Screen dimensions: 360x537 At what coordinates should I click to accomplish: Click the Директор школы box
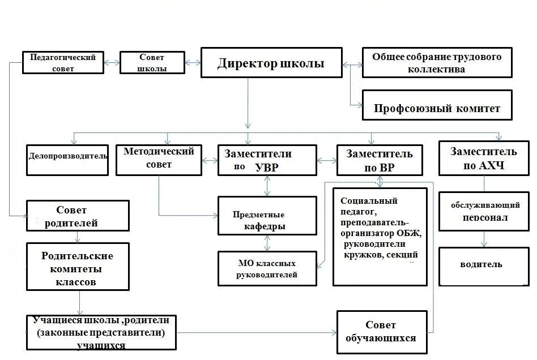(271, 63)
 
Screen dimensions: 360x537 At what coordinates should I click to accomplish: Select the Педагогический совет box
(63, 63)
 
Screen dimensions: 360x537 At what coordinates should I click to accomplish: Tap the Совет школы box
(152, 63)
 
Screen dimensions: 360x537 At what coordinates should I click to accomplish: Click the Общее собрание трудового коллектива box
(437, 63)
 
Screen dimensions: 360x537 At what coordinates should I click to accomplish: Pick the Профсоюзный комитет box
(437, 108)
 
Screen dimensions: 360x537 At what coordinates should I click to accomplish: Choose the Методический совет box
(159, 160)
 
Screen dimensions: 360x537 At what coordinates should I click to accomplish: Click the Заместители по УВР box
(267, 160)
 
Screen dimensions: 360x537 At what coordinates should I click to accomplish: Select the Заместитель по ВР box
(379, 161)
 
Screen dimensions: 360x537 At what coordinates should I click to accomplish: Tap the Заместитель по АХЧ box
(483, 158)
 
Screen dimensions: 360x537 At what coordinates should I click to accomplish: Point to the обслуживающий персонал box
(484, 211)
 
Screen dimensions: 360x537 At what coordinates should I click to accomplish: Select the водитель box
(484, 265)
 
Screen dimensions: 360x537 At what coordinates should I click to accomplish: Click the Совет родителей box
(78, 216)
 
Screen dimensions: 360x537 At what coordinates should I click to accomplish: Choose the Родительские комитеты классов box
(78, 268)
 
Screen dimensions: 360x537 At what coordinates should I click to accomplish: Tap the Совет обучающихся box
(381, 331)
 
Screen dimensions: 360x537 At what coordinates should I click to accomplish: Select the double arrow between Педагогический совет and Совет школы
(112, 63)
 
